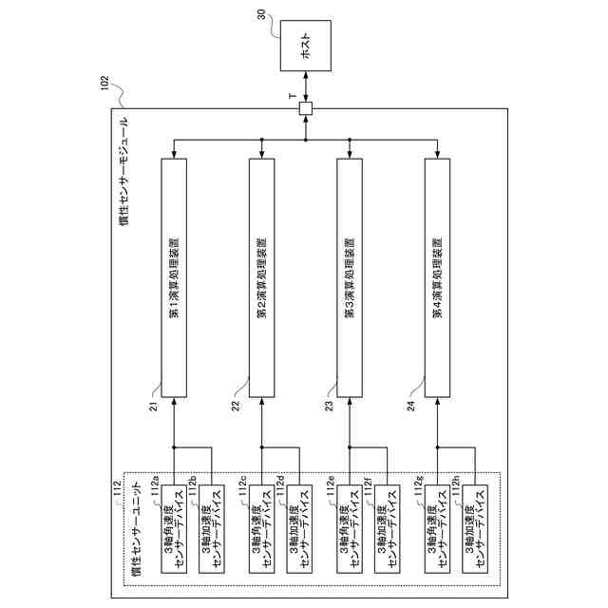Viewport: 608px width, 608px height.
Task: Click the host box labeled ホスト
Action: pyautogui.click(x=306, y=46)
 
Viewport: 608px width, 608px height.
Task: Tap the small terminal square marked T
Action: pyautogui.click(x=306, y=108)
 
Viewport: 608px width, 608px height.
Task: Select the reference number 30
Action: pyautogui.click(x=262, y=15)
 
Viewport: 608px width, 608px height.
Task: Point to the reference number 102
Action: pyautogui.click(x=104, y=83)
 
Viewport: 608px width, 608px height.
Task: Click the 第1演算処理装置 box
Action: pyautogui.click(x=174, y=277)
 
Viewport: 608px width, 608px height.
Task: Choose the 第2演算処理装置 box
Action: pyautogui.click(x=262, y=277)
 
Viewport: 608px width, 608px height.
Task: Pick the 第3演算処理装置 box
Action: pyautogui.click(x=350, y=277)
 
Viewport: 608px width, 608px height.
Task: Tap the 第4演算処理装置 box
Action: pyautogui.click(x=437, y=277)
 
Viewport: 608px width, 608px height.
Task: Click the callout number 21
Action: pyautogui.click(x=154, y=407)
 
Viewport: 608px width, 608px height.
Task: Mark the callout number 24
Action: pyautogui.click(x=410, y=406)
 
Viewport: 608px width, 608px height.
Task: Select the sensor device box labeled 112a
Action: pyautogui.click(x=174, y=529)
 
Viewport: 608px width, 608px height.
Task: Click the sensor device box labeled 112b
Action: pyautogui.click(x=211, y=529)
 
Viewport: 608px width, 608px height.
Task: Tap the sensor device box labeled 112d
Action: pyautogui.click(x=299, y=529)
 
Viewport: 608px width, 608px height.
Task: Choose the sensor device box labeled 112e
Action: pyautogui.click(x=350, y=529)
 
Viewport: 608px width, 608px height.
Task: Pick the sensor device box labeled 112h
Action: pyautogui.click(x=475, y=529)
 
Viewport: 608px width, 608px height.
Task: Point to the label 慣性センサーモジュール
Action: pyautogui.click(x=124, y=171)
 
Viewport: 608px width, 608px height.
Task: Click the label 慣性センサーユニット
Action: pyautogui.click(x=137, y=530)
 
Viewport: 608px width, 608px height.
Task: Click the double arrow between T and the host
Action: pyautogui.click(x=306, y=86)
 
